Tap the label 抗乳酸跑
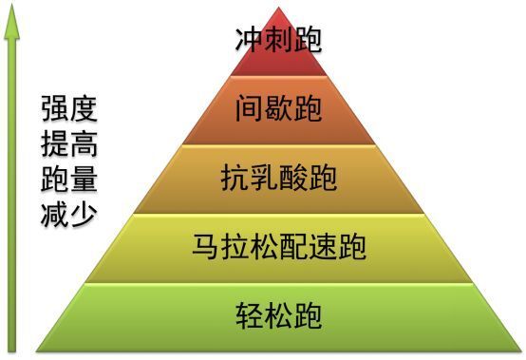click(x=278, y=178)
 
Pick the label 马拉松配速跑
click(x=278, y=248)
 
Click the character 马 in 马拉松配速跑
click(x=206, y=248)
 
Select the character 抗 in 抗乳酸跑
click(x=235, y=178)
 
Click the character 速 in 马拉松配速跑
click(x=322, y=248)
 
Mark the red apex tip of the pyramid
click(x=279, y=9)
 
